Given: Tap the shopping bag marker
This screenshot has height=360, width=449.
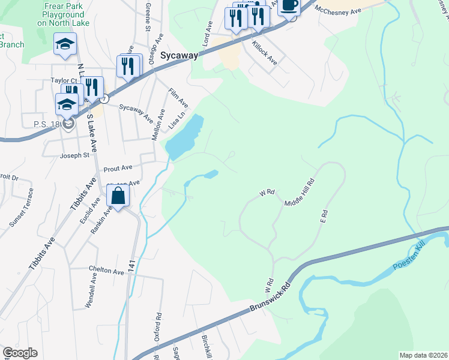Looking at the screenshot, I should tap(118, 196).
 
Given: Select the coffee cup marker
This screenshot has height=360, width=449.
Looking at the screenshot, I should tap(289, 6).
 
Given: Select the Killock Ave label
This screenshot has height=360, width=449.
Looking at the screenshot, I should tap(264, 53).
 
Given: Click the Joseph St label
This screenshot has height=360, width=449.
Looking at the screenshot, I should tap(74, 155).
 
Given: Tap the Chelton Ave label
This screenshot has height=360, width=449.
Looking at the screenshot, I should tap(106, 271).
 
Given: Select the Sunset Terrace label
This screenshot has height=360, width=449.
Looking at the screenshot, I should tap(17, 214).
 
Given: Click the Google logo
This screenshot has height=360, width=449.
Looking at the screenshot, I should tap(20, 353).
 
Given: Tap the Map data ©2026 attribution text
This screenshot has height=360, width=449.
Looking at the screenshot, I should tap(423, 355).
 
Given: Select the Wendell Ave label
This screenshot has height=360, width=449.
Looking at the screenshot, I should tap(91, 292).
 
